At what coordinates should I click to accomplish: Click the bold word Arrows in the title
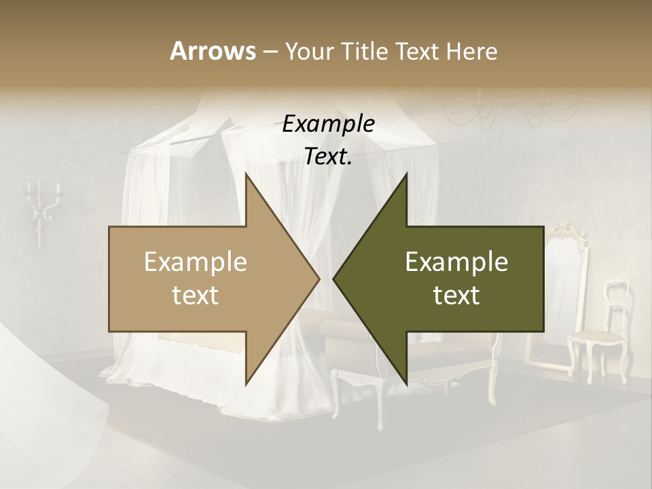(x=212, y=51)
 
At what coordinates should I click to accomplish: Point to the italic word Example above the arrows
(x=328, y=124)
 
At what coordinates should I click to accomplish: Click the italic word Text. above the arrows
(x=328, y=157)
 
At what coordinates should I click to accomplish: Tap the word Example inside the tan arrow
(x=196, y=262)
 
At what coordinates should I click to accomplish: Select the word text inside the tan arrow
(x=196, y=295)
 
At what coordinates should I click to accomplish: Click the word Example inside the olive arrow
(x=456, y=262)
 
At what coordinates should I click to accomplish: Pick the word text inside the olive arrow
(x=456, y=295)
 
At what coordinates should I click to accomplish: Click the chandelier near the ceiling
(x=509, y=102)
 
